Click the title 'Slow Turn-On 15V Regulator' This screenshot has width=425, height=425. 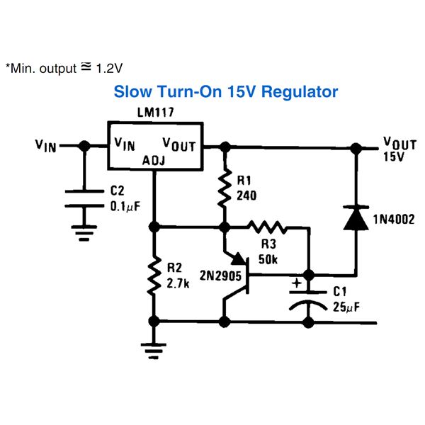pos(226,92)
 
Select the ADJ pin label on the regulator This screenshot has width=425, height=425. pos(154,160)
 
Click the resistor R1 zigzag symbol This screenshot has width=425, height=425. pos(225,188)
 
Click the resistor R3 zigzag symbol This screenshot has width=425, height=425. pos(266,227)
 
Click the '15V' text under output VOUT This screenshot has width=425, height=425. pos(394,157)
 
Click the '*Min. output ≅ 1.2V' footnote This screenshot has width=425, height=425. pos(64,69)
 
